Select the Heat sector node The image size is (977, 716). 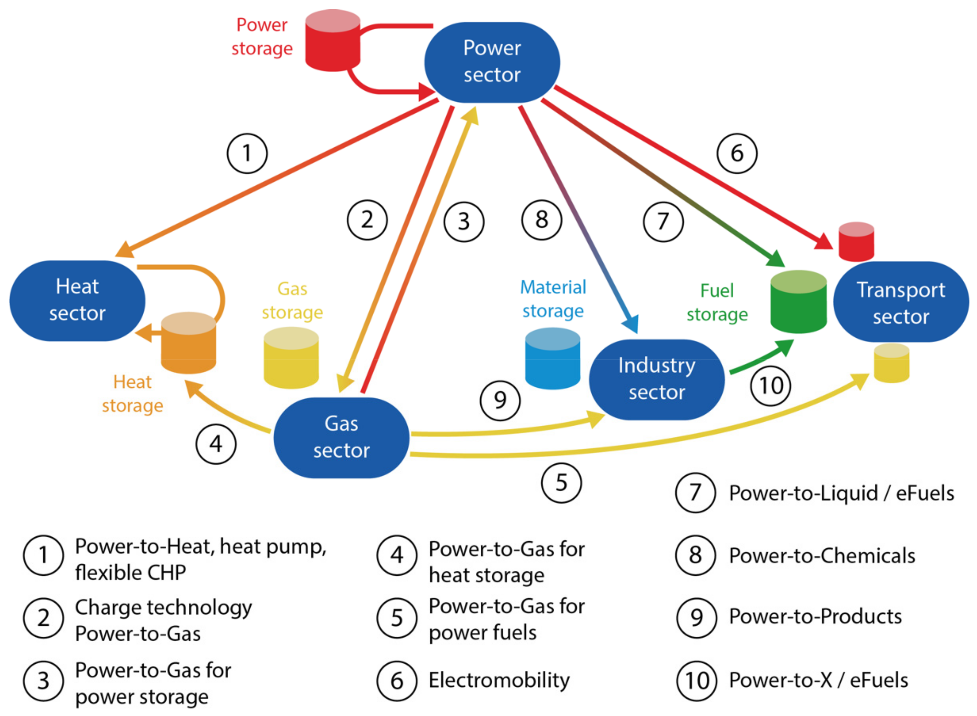[77, 300]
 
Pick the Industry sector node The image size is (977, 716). [657, 379]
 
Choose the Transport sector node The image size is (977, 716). [901, 302]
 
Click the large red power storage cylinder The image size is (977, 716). [333, 41]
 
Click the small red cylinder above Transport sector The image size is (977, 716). [856, 242]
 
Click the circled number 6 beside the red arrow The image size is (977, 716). [737, 153]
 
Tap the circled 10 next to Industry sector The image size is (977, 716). [771, 385]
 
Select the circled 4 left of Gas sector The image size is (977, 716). [216, 444]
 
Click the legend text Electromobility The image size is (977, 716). [499, 680]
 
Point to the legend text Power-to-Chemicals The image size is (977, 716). [822, 556]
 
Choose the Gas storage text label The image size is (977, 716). [292, 300]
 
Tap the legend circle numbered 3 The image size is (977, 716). [43, 681]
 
